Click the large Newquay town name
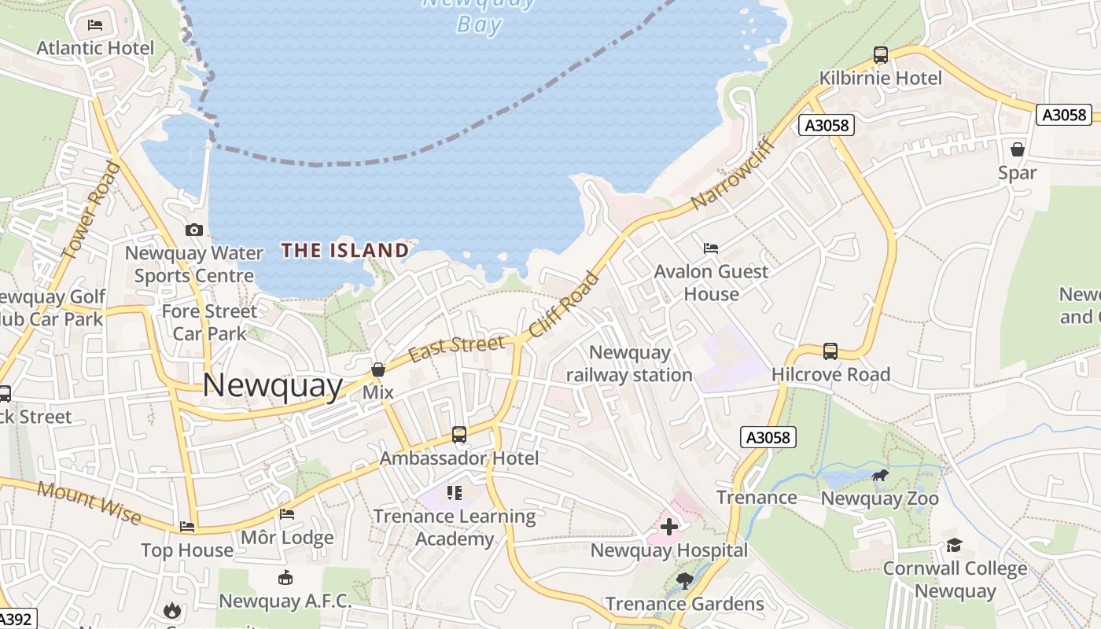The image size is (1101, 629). tap(273, 386)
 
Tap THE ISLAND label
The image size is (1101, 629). tap(345, 251)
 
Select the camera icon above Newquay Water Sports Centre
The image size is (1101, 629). tap(193, 230)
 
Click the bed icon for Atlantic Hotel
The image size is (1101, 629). tap(95, 25)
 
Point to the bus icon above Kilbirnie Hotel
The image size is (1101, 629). tap(881, 55)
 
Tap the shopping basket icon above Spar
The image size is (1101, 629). tap(1017, 149)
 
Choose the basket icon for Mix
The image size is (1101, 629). tap(377, 369)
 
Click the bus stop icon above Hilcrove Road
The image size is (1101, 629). tap(830, 351)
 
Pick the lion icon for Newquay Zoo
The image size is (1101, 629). tap(880, 476)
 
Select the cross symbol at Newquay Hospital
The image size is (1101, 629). tap(669, 526)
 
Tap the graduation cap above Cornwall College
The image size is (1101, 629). tap(954, 545)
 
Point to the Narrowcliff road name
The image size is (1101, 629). tap(734, 175)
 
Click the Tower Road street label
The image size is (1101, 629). tap(91, 210)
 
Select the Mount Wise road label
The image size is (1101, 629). tap(89, 503)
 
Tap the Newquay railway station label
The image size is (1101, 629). tap(629, 364)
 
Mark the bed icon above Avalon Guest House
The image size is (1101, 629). tap(711, 248)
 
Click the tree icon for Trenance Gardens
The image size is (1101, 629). tap(684, 581)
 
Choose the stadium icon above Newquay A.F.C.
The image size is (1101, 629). tap(285, 578)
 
